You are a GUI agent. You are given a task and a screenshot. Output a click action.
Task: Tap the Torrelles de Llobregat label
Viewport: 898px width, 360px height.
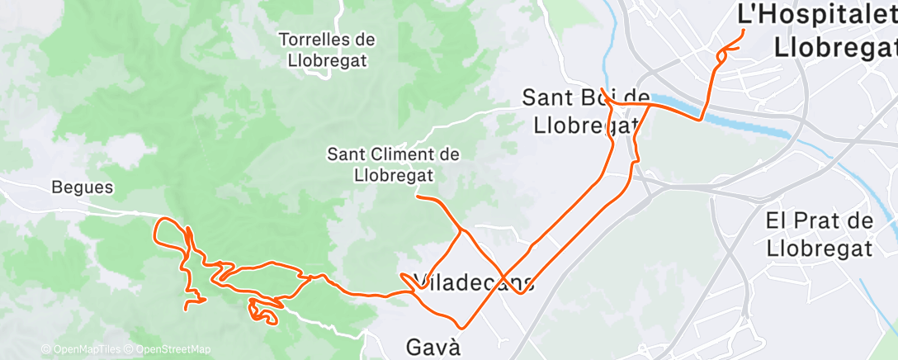click(x=328, y=50)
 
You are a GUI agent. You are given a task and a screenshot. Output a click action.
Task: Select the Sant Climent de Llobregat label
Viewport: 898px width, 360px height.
click(x=394, y=164)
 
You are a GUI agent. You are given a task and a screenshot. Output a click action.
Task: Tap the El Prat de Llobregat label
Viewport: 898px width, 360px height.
click(x=820, y=234)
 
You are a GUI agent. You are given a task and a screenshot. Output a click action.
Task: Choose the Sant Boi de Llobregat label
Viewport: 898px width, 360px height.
click(x=582, y=111)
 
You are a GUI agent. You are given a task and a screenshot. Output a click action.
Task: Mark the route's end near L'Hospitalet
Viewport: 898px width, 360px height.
click(x=744, y=31)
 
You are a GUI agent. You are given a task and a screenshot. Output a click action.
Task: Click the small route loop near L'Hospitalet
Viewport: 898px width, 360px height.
click(x=724, y=54)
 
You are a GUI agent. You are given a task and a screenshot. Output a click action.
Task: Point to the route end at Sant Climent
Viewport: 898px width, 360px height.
click(x=418, y=197)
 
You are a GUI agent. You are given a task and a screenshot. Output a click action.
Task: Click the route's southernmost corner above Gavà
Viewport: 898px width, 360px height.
click(x=464, y=328)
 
